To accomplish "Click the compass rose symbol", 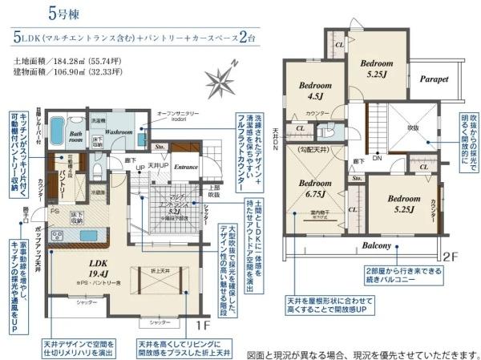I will (x=218, y=83).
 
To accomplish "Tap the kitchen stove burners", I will (x=59, y=236).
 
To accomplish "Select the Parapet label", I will (x=435, y=79).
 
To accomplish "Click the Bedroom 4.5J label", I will (x=315, y=91).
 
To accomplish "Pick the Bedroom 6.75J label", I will (x=315, y=188).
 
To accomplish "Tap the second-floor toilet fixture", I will (x=330, y=131).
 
